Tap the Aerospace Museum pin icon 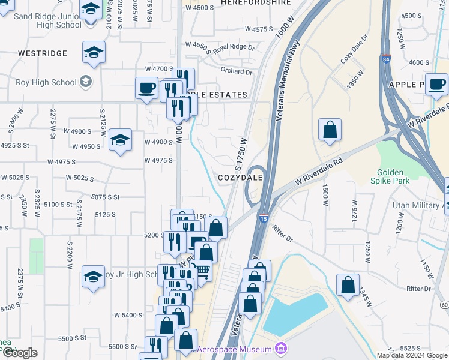pyautogui.click(x=280, y=348)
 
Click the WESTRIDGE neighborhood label pyautogui.click(x=43, y=53)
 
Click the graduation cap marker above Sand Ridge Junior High pyautogui.click(x=91, y=11)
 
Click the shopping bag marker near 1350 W pyautogui.click(x=330, y=129)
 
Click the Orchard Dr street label pyautogui.click(x=236, y=71)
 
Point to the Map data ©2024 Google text pyautogui.click(x=412, y=355)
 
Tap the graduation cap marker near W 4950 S pyautogui.click(x=120, y=140)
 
